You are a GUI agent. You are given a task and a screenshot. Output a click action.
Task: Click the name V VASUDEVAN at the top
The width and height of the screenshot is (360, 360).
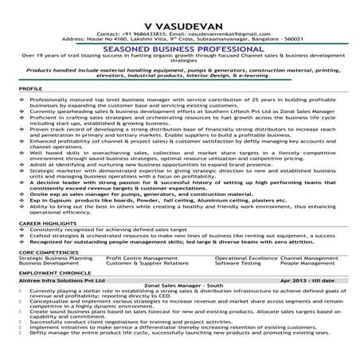pyautogui.click(x=179, y=11)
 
